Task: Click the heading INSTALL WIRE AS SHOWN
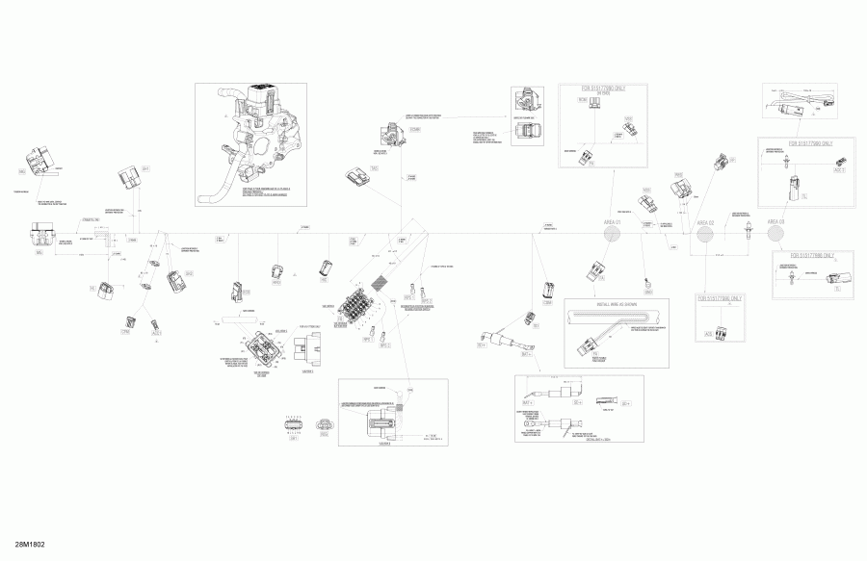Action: click(616, 304)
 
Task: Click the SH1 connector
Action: click(547, 293)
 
